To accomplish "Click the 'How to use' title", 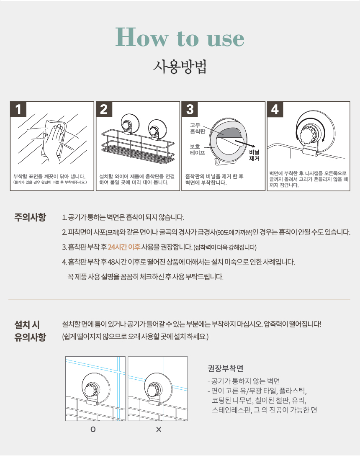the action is coord(180,37).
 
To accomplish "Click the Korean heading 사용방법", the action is coord(180,67).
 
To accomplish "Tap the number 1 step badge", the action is coord(18,109).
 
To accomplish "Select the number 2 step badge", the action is coord(104,109).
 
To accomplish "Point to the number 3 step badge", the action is coord(190,109).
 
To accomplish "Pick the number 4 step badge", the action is coord(275,109).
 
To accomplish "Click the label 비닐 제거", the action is coord(255,155).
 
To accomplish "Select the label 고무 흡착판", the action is coord(198,128).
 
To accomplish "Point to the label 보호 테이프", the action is coord(198,149).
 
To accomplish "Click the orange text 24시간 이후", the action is coord(124,247).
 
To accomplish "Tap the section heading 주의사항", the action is coord(30,217).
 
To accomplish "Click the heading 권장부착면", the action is coord(225,368).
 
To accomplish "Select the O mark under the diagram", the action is coord(93,429).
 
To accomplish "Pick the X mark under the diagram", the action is coord(159,430).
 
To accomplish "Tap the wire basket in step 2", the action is coord(138,147).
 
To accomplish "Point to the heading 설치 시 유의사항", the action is coord(30,331).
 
